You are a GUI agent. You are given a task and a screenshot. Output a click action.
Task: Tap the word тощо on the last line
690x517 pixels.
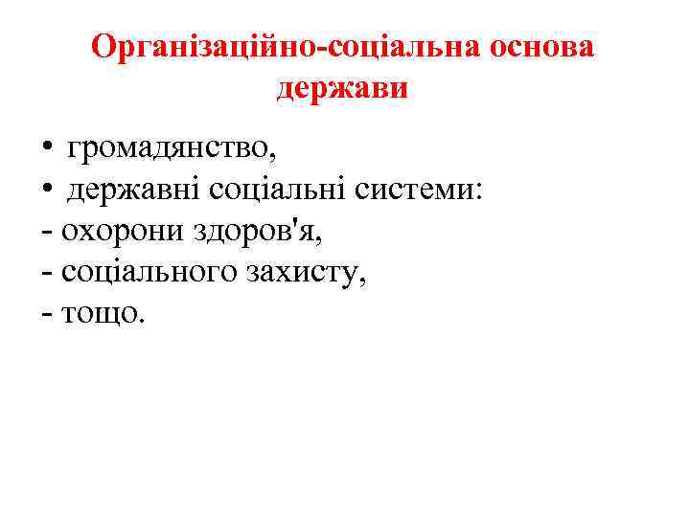point(101,316)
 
